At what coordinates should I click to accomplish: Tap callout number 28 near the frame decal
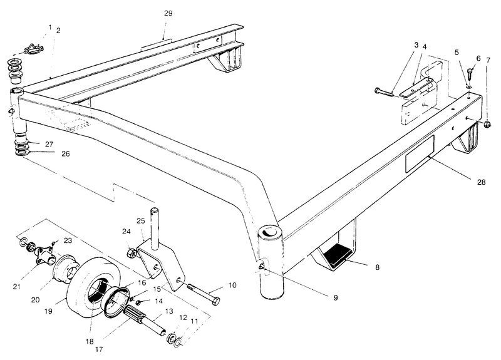point(481,182)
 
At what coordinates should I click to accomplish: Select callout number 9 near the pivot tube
point(336,297)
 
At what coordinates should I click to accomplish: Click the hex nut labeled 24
point(132,254)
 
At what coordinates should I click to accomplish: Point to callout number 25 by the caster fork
point(140,222)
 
